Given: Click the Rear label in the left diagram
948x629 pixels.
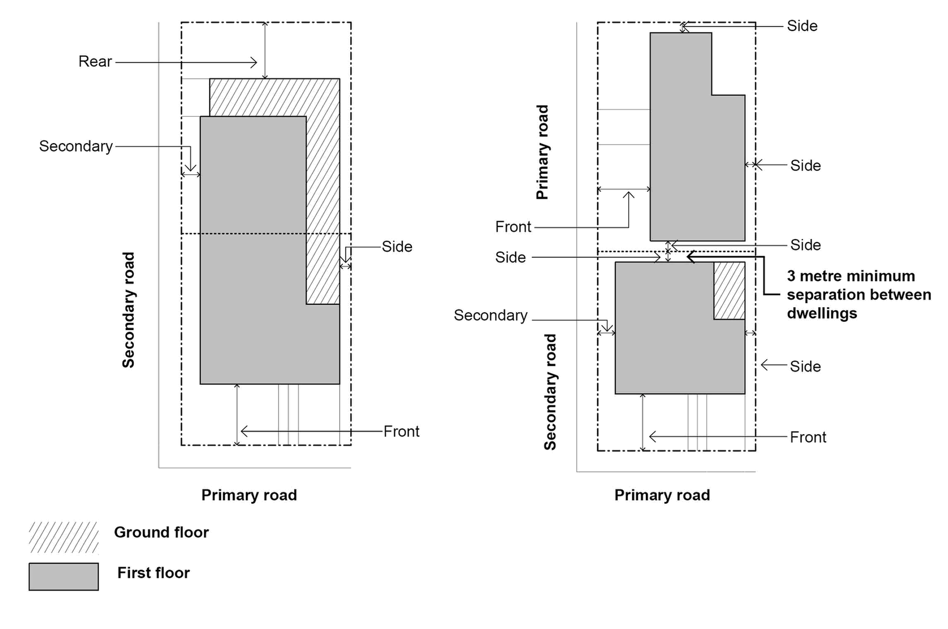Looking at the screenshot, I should pos(95,62).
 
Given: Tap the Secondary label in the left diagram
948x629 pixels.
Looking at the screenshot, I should pos(76,146).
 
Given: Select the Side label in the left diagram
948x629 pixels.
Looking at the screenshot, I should pos(397,247).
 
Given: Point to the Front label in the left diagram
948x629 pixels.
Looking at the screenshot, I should pos(401,432).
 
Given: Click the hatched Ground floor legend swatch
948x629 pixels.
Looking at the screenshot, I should pos(64,537).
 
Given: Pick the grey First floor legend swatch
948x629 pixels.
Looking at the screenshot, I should pos(64,576).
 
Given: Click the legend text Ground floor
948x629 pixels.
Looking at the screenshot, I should pos(161,533).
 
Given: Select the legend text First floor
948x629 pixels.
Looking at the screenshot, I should pos(153,573).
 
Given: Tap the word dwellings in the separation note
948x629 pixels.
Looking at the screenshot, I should pos(822,314).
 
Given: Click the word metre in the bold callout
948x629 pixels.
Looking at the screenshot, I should pos(831,276).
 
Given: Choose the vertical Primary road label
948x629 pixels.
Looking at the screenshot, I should pos(542,152).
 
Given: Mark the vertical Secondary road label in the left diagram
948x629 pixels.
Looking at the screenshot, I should pos(129,310).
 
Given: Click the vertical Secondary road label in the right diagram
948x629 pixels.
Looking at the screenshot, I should pos(550,392).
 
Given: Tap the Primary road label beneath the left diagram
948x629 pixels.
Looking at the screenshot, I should pos(249,495).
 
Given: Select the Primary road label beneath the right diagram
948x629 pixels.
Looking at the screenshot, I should pos(662,495).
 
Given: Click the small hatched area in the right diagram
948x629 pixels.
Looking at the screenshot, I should pos(729,291).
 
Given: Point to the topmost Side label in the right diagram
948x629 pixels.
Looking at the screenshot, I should pos(802,26).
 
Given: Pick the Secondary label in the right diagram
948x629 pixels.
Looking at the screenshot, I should pos(490,315).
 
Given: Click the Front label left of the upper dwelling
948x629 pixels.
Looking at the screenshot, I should pos(513,227).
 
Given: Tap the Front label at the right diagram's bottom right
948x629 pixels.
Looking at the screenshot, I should pos(808,437).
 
